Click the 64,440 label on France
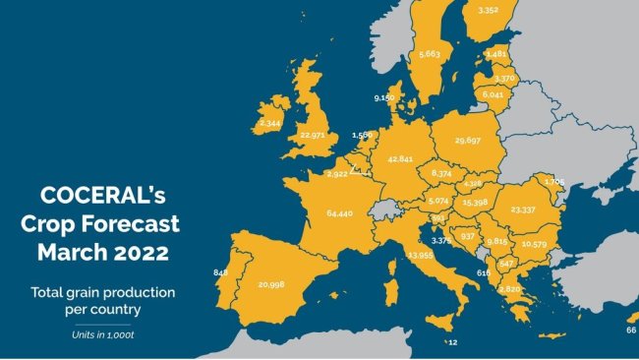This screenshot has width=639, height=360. pyautogui.click(x=332, y=212)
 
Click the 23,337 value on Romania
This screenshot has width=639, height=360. pyautogui.click(x=530, y=210)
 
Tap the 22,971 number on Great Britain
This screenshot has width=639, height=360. pyautogui.click(x=313, y=135)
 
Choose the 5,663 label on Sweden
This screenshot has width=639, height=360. pyautogui.click(x=429, y=54)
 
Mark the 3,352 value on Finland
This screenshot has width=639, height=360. pyautogui.click(x=489, y=10)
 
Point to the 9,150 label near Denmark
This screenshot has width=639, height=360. pyautogui.click(x=384, y=98)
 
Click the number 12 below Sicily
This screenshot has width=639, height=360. pyautogui.click(x=452, y=343)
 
